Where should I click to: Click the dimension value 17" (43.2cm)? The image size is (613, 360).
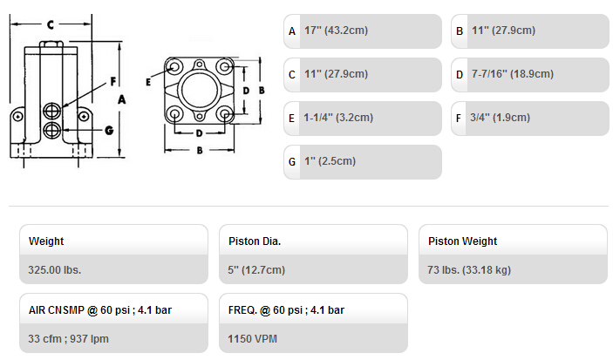pos(337,31)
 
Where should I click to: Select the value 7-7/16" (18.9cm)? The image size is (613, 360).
pos(513,74)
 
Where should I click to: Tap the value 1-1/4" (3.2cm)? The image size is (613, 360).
pos(338,118)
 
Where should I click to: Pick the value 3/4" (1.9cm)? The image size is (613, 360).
pos(500,118)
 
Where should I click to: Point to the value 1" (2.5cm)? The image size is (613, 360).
pos(330,161)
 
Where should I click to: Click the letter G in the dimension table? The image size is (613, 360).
pos(292,162)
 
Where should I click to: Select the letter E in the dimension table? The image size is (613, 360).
pos(291,118)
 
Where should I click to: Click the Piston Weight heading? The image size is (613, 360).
pos(462,241)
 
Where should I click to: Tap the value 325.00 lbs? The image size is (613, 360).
pos(54,269)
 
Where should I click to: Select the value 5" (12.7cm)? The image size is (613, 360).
pos(256,269)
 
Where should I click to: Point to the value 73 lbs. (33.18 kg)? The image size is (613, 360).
pos(469,269)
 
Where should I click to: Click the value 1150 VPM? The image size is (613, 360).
pos(253,338)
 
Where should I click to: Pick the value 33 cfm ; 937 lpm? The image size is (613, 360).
pos(68,338)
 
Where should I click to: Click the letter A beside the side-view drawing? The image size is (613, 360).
pos(122,100)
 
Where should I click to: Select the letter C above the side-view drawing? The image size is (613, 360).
pos(51,25)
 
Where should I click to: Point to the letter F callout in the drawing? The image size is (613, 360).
pos(113,81)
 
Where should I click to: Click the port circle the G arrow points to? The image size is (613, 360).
pos(52,130)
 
